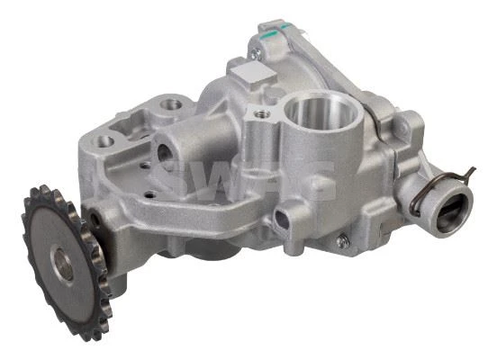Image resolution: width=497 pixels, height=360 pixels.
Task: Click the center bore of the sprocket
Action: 62,264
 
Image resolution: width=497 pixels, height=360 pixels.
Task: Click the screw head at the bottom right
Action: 343,242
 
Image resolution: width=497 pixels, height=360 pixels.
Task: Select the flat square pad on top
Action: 253,75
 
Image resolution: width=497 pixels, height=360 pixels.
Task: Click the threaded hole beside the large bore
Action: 263,112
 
